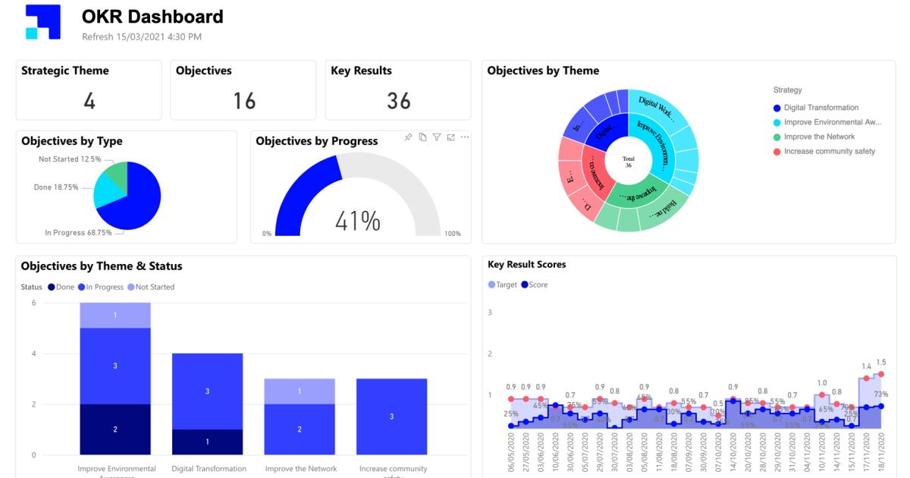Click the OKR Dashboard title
point(152,17)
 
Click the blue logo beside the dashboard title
point(42,22)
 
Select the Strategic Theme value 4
point(89,101)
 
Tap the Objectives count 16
point(243,101)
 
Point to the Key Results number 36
point(398,101)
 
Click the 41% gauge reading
point(359,221)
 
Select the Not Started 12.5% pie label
point(69,159)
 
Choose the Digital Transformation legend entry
point(821,108)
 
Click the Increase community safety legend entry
point(829,151)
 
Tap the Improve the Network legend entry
point(819,137)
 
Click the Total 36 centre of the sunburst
point(628,162)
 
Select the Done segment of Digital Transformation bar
point(207,442)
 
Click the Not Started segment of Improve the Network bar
point(300,392)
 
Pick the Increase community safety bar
point(391,417)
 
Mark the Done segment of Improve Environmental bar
point(115,429)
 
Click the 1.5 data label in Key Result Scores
point(880,363)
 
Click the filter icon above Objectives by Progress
point(436,137)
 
